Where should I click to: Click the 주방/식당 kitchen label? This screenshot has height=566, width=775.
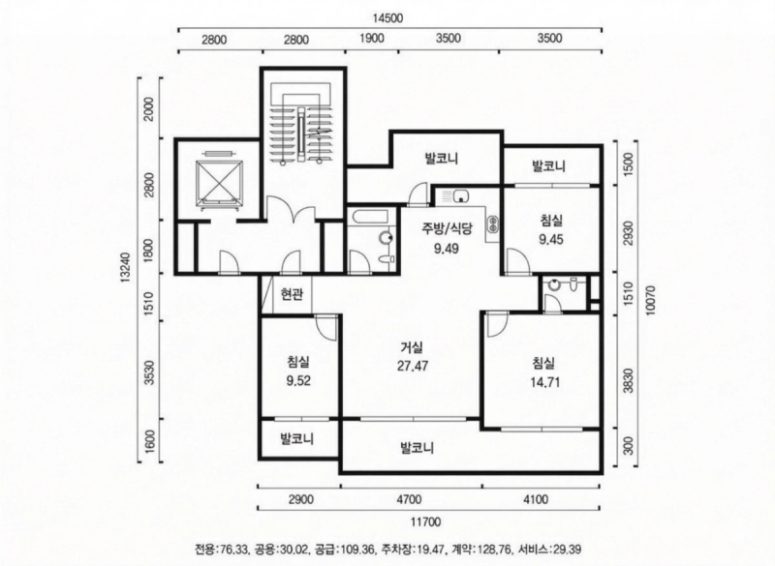tap(447, 228)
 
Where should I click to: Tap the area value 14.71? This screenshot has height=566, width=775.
tap(543, 381)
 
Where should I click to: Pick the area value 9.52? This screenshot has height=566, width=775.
tap(299, 380)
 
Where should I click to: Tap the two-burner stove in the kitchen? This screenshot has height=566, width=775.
tap(491, 224)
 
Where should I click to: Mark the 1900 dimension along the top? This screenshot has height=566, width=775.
tap(372, 40)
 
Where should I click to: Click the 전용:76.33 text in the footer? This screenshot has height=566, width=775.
tap(222, 549)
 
